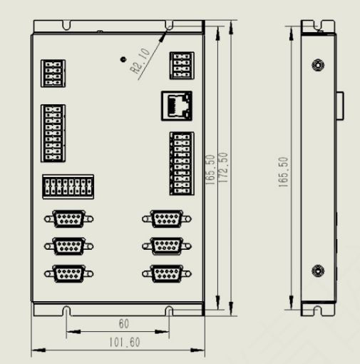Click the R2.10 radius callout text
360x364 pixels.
pyautogui.click(x=140, y=61)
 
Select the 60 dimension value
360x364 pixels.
pyautogui.click(x=124, y=324)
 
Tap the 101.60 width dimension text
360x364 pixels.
pyautogui.click(x=125, y=343)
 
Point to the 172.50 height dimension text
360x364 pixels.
pyautogui.click(x=223, y=168)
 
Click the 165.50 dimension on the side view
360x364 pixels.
pyautogui.click(x=283, y=172)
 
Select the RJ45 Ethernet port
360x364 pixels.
pyautogui.click(x=177, y=106)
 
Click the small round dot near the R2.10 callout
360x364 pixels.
pyautogui.click(x=123, y=59)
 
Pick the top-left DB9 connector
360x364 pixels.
pyautogui.click(x=68, y=218)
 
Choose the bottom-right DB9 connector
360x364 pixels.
pyautogui.click(x=167, y=273)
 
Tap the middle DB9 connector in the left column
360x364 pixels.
pyautogui.click(x=68, y=246)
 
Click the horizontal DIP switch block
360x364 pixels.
pyautogui.click(x=68, y=187)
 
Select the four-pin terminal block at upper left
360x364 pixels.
pyautogui.click(x=53, y=74)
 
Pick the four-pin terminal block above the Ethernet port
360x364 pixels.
pyautogui.click(x=182, y=66)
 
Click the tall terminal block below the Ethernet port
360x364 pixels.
pyautogui.click(x=182, y=163)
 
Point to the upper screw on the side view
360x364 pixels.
pyautogui.click(x=318, y=65)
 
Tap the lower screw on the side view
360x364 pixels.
pyautogui.click(x=318, y=271)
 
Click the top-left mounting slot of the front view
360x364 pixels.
pyautogui.click(x=67, y=25)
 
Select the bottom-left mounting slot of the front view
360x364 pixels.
pyautogui.click(x=67, y=310)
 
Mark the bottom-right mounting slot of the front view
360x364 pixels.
pyautogui.click(x=169, y=310)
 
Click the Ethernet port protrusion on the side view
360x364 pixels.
pyautogui.click(x=340, y=106)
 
